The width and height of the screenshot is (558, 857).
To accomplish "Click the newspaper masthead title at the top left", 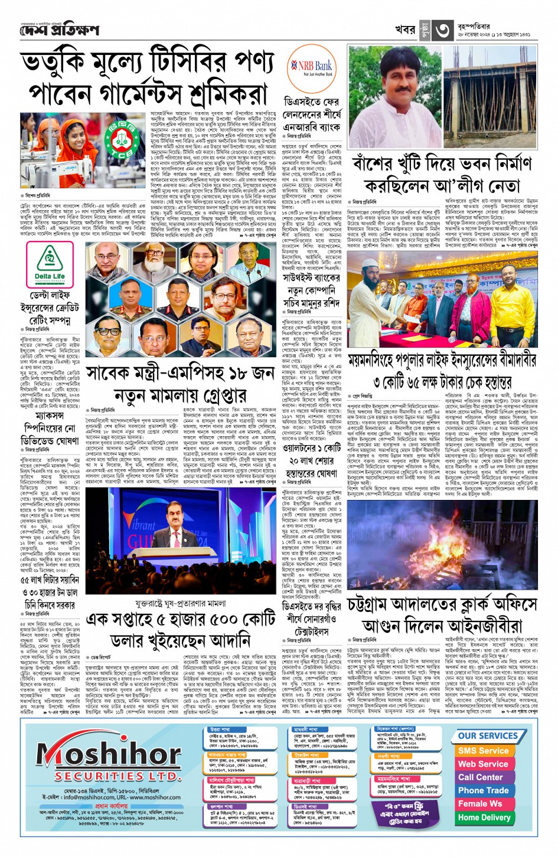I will pyautogui.click(x=59, y=30).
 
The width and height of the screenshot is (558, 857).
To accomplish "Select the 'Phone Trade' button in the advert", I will pyautogui.click(x=483, y=790).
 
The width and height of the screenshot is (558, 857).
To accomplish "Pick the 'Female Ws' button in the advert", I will pyautogui.click(x=479, y=804).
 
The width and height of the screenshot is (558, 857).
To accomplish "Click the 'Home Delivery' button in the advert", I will pyautogui.click(x=484, y=817).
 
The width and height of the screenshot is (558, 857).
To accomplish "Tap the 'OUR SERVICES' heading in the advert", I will pyautogui.click(x=487, y=736).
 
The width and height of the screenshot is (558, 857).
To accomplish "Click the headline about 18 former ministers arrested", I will pyautogui.click(x=180, y=384).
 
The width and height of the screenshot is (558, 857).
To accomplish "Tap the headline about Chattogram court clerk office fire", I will pyautogui.click(x=442, y=615).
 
